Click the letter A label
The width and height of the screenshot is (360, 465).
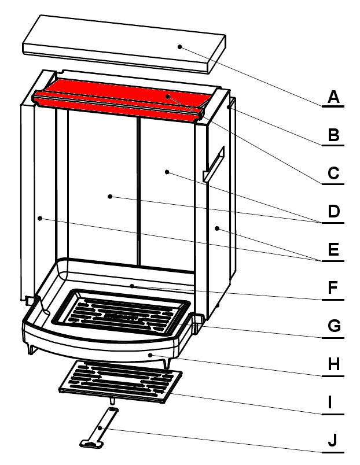(x=333, y=97)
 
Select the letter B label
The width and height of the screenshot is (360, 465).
(x=333, y=135)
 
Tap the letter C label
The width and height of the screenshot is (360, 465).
(x=333, y=173)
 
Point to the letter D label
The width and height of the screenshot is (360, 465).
(x=333, y=212)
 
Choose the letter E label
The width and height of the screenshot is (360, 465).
(x=333, y=249)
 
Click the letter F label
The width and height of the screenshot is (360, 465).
(x=333, y=287)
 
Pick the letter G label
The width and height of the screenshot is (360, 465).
(x=334, y=326)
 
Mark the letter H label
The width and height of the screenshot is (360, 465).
(x=333, y=364)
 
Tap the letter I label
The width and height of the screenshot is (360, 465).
(x=330, y=402)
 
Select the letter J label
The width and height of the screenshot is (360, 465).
(x=333, y=440)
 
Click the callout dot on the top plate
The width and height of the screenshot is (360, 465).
(x=179, y=47)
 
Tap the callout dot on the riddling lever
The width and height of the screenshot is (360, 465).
(x=100, y=428)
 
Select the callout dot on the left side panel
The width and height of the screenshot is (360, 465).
(x=40, y=219)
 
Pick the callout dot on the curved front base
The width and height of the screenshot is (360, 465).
(x=150, y=355)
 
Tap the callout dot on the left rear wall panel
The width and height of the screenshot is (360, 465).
(x=110, y=196)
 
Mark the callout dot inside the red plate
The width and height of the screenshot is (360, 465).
(x=168, y=97)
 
